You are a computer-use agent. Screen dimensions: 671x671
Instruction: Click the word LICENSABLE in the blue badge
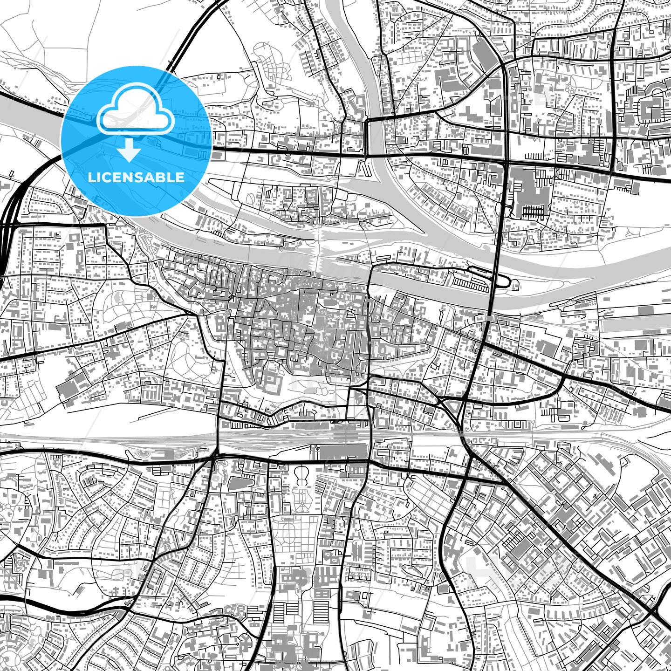tap(136, 178)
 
